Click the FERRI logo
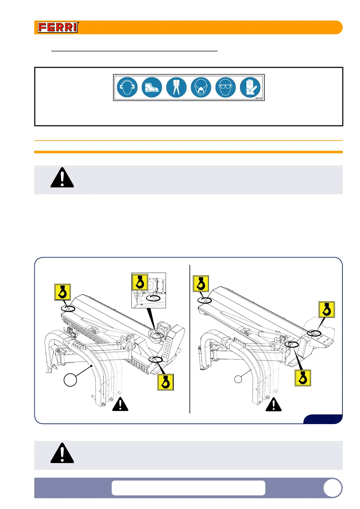(x=58, y=27)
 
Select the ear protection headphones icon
(x=127, y=87)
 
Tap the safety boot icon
(x=152, y=87)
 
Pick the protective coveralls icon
(x=177, y=87)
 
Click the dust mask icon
(x=201, y=87)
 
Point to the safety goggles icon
(x=225, y=87)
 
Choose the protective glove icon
(x=250, y=87)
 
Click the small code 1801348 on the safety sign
(x=258, y=98)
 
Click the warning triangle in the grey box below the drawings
(x=62, y=453)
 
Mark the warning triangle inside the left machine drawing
(x=120, y=404)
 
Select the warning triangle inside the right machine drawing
(x=274, y=405)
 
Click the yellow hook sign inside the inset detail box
(x=140, y=282)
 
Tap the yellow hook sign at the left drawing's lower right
(x=166, y=382)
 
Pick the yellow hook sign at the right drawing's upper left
(x=201, y=284)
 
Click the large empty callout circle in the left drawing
(x=70, y=380)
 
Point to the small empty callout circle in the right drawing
(x=238, y=379)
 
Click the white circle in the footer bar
(x=332, y=488)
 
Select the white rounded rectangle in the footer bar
(x=188, y=488)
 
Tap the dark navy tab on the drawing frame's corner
(x=323, y=419)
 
